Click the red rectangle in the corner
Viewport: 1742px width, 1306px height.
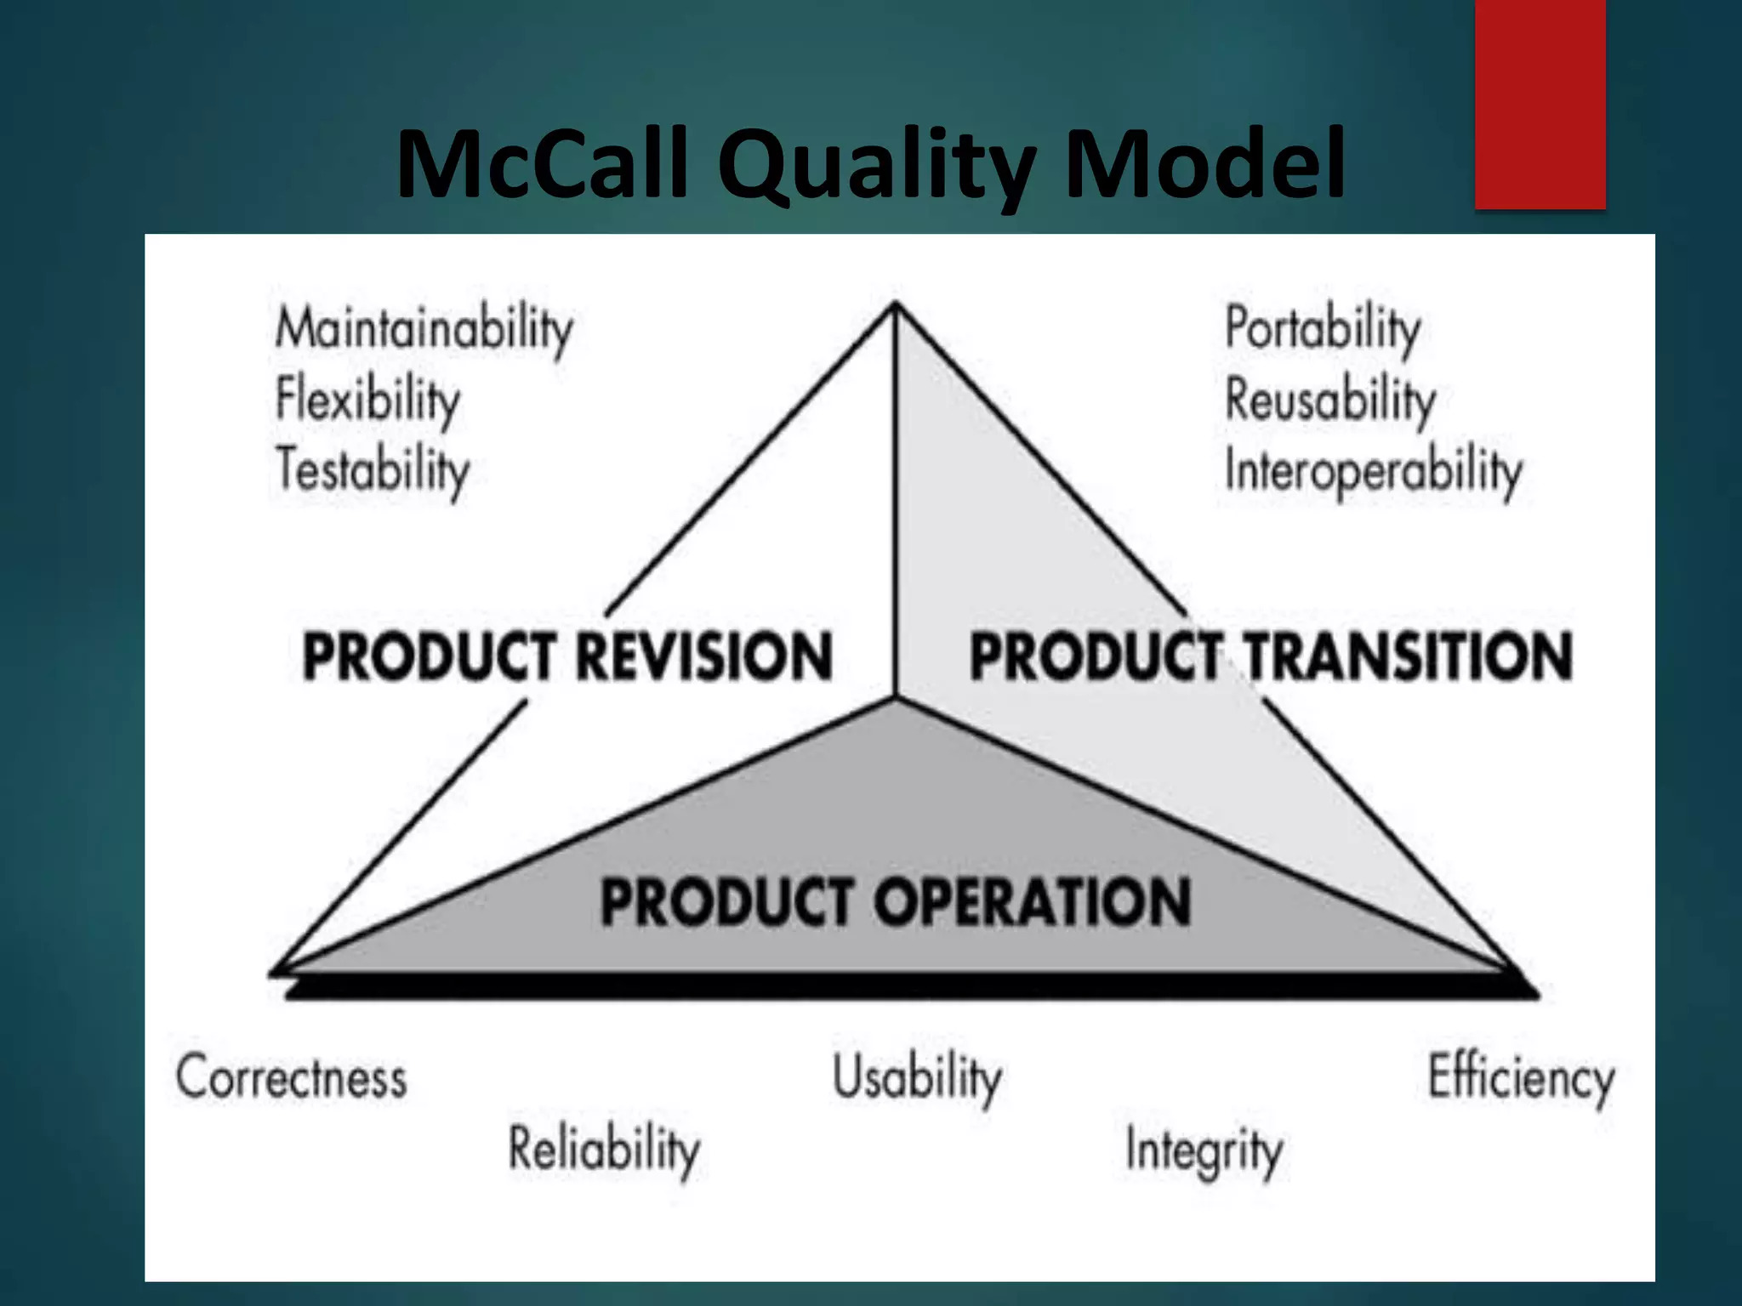tap(1540, 104)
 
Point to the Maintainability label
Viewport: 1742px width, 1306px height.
tap(424, 330)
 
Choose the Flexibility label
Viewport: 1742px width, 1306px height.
tap(367, 400)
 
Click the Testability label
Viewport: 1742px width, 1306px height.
tap(373, 470)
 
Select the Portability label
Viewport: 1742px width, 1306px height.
tap(1323, 330)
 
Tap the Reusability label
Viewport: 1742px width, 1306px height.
tap(1329, 400)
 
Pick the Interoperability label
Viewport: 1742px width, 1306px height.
tap(1373, 470)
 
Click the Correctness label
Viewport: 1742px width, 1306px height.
tap(292, 1077)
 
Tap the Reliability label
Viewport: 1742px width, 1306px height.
tap(604, 1149)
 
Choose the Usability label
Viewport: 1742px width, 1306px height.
tap(917, 1077)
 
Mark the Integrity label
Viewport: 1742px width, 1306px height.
tap(1204, 1150)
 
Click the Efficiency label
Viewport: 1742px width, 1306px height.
tap(1521, 1077)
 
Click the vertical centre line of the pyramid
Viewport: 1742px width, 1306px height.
tap(896, 510)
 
